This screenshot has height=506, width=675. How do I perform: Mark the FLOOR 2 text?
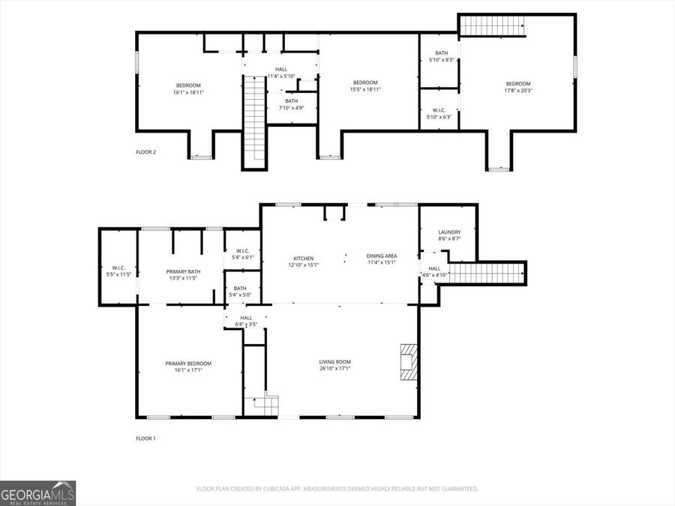pos(145,152)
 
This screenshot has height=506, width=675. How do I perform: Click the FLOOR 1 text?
pos(145,438)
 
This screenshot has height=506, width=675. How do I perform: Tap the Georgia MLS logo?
pos(37,493)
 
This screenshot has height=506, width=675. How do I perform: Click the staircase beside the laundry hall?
pos(486,272)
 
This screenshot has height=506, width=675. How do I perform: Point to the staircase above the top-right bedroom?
pos(491,25)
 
